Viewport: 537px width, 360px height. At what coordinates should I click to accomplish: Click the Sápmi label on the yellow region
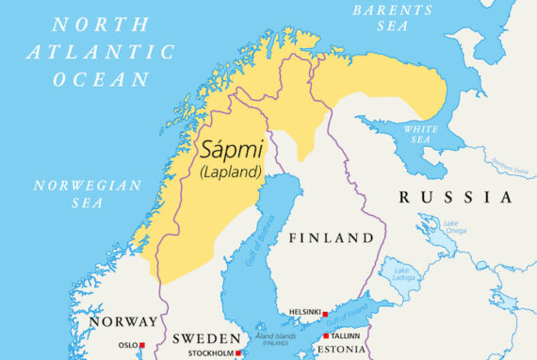[232, 149]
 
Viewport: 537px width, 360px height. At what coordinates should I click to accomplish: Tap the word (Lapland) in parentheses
[231, 172]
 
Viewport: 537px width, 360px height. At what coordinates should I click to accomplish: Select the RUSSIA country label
[456, 198]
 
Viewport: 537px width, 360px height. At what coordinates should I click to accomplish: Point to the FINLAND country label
[331, 237]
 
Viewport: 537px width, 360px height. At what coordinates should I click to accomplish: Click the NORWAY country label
[123, 322]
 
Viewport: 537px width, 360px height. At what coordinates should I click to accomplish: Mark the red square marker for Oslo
[142, 346]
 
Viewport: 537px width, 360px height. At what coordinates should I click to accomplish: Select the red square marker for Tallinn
[326, 336]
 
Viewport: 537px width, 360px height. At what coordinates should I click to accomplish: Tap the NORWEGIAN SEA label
[87, 193]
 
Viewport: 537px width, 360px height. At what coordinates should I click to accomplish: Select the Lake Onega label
[430, 225]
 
